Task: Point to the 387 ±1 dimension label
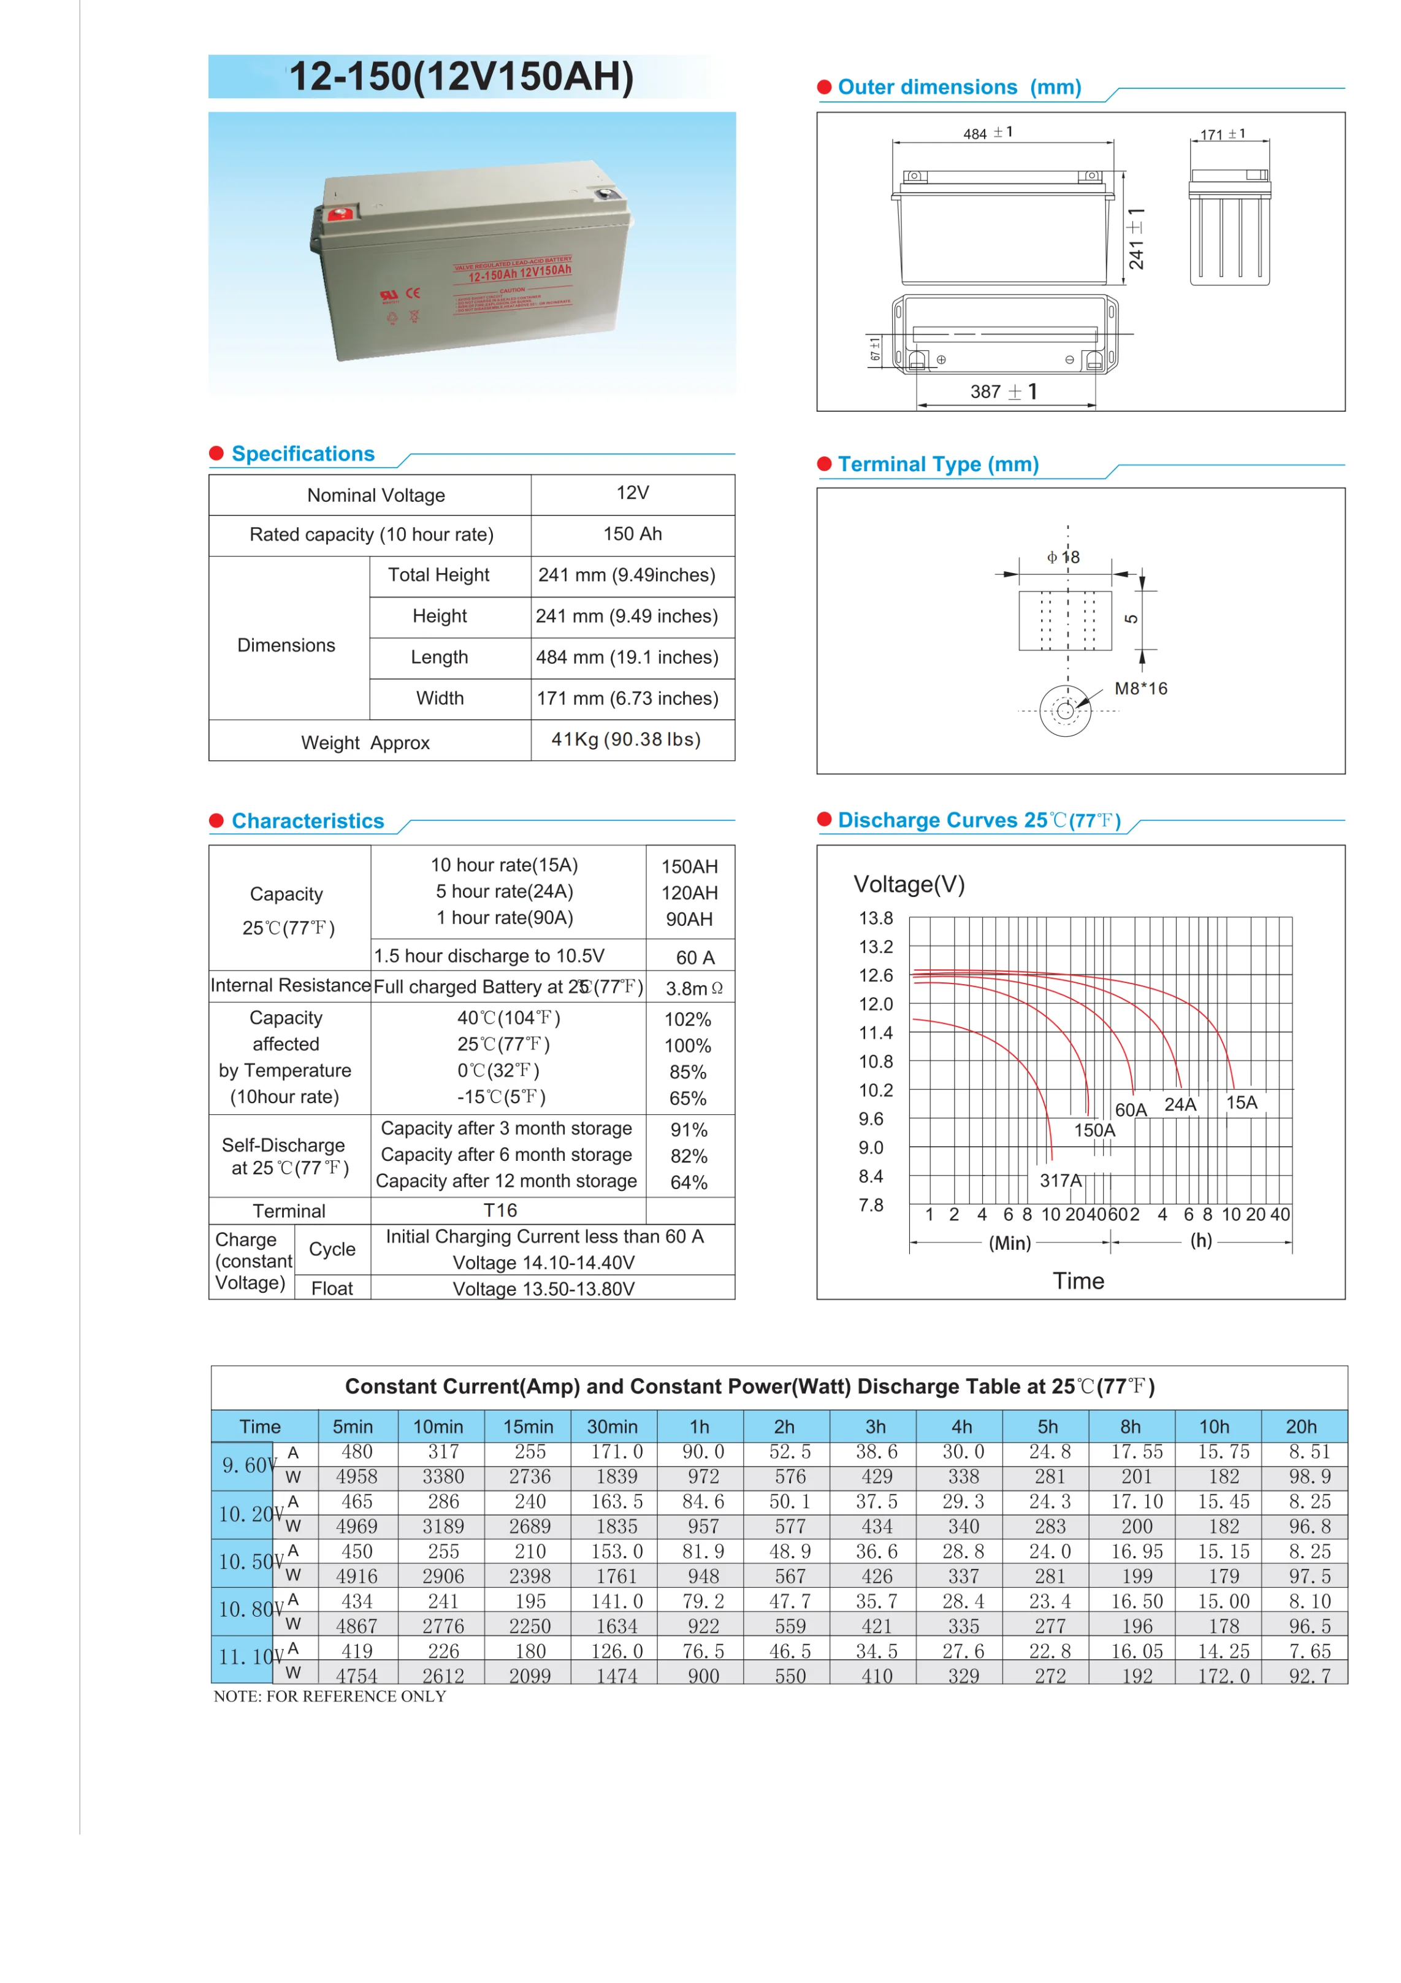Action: tap(1003, 392)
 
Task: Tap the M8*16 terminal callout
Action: tap(1140, 688)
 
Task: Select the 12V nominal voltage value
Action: tap(632, 493)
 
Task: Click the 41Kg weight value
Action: tap(626, 739)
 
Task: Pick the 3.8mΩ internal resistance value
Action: tap(693, 988)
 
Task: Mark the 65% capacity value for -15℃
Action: tap(688, 1099)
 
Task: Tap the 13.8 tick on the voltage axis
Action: tap(876, 918)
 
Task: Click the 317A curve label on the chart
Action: tap(1060, 1180)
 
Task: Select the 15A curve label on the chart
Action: tap(1242, 1103)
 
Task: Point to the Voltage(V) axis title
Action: tap(909, 884)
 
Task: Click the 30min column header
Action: tap(612, 1427)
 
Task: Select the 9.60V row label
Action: tap(248, 1466)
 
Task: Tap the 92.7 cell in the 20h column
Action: tap(1310, 1676)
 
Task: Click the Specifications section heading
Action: tap(303, 454)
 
